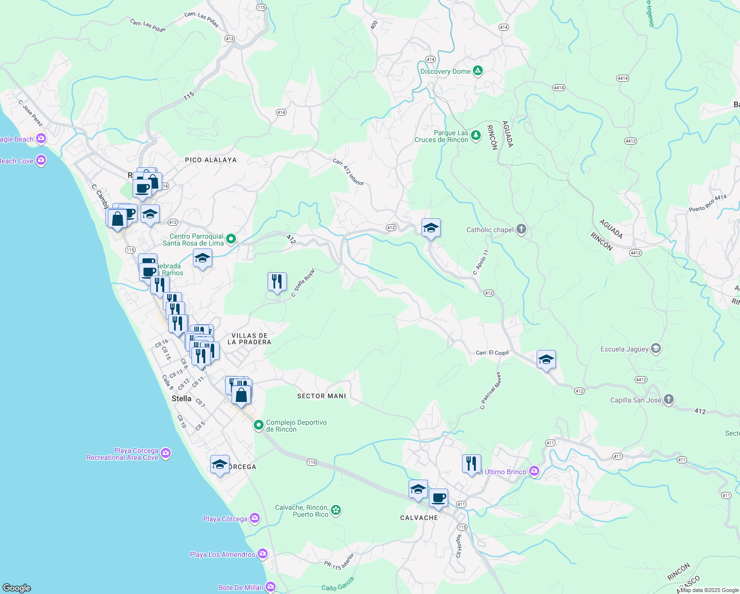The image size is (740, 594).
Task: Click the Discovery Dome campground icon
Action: pyautogui.click(x=477, y=71)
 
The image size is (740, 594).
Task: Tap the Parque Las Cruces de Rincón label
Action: pyautogui.click(x=441, y=136)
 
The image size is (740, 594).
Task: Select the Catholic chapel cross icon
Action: pyautogui.click(x=521, y=229)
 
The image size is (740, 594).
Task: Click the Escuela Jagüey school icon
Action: pyautogui.click(x=656, y=348)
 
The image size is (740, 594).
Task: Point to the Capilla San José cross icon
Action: pyautogui.click(x=668, y=399)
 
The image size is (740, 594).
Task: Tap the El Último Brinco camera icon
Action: pyautogui.click(x=534, y=471)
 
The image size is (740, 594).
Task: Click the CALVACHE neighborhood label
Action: pyautogui.click(x=419, y=518)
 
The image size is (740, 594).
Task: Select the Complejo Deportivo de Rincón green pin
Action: pyautogui.click(x=259, y=425)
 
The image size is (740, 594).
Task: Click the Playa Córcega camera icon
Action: pyautogui.click(x=255, y=518)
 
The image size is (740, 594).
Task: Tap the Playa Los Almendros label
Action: pyautogui.click(x=223, y=554)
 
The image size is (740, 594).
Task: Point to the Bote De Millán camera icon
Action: pyautogui.click(x=271, y=587)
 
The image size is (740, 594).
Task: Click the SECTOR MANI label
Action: pyautogui.click(x=322, y=396)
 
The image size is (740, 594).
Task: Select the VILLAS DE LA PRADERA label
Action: pyautogui.click(x=249, y=339)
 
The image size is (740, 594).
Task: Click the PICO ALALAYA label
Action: pyautogui.click(x=211, y=160)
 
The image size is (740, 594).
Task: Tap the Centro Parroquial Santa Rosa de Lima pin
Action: pyautogui.click(x=231, y=240)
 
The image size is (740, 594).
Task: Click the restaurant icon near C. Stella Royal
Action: pyautogui.click(x=277, y=282)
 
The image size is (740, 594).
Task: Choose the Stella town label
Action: pyautogui.click(x=181, y=398)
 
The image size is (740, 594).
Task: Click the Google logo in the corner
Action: pyautogui.click(x=17, y=588)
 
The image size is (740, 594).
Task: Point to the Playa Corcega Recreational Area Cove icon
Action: pyautogui.click(x=166, y=453)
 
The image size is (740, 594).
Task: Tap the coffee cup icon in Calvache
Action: pyautogui.click(x=438, y=497)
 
